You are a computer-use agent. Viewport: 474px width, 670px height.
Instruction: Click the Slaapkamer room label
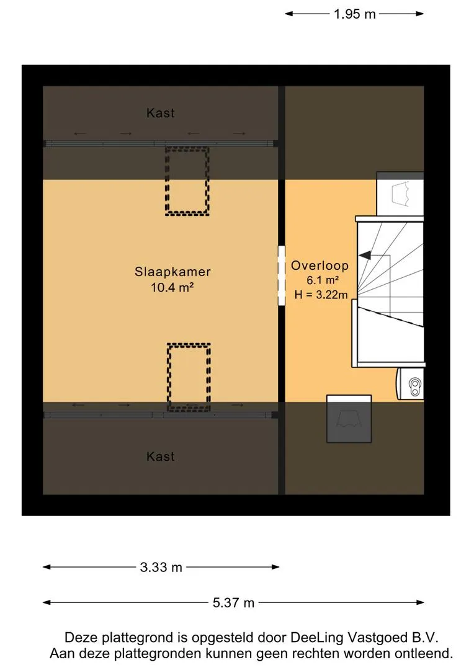coord(172,272)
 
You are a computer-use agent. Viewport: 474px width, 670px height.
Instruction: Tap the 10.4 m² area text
coord(172,287)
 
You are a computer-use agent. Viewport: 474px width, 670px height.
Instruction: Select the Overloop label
coord(320,266)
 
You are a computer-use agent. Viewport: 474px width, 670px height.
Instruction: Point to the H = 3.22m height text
coord(321,295)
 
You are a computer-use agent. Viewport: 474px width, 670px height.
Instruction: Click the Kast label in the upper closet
coord(161,113)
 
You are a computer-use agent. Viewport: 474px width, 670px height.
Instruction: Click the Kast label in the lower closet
coord(161,457)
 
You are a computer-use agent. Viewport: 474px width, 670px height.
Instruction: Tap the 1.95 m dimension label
coord(354,14)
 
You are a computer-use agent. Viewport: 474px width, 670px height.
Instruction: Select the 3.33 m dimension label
coord(161,568)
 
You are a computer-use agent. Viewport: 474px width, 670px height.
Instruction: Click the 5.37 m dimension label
coord(233,603)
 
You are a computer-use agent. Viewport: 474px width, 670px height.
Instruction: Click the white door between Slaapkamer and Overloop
coord(282,275)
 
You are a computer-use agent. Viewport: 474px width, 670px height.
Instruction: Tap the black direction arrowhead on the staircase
coord(365,256)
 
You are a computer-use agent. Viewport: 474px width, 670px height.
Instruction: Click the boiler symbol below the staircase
coord(411,384)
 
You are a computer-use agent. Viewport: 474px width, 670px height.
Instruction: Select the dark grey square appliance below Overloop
coord(349,419)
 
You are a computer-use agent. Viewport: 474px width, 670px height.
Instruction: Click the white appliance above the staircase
coord(400,194)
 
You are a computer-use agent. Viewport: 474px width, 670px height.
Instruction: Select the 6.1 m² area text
coord(323,280)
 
